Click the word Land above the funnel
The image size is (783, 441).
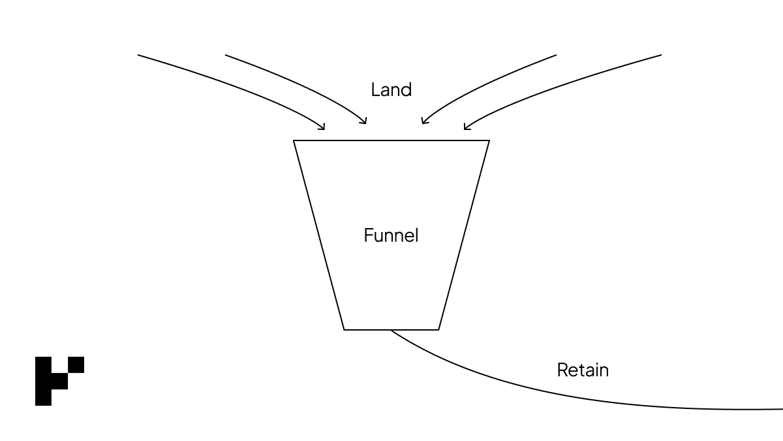click(x=391, y=90)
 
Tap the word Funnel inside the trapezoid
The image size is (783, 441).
click(x=391, y=235)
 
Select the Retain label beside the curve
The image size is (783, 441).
click(x=582, y=370)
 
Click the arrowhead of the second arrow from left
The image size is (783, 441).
click(x=365, y=122)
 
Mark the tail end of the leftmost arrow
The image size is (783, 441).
click(x=138, y=55)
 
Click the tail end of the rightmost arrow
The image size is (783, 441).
click(x=661, y=55)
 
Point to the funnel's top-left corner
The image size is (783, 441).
click(x=294, y=140)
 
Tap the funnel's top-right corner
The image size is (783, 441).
click(x=489, y=140)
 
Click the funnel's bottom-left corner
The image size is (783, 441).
click(x=344, y=329)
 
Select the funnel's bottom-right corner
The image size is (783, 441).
click(x=438, y=329)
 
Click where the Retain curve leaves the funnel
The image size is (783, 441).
click(x=391, y=330)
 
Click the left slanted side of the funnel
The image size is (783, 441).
click(x=319, y=235)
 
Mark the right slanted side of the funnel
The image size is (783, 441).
click(x=464, y=235)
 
